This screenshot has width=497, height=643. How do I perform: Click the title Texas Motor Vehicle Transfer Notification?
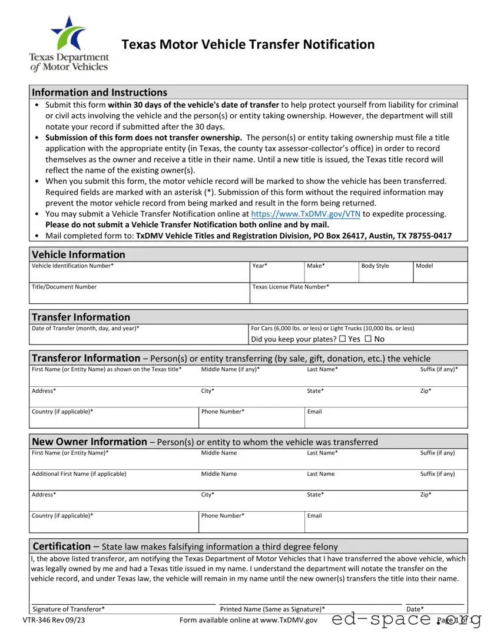click(248, 45)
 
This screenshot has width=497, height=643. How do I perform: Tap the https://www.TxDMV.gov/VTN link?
click(306, 214)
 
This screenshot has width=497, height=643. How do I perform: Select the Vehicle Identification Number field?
click(139, 276)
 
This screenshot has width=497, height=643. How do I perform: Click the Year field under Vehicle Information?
click(276, 276)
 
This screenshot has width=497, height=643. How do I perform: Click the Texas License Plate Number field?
click(358, 296)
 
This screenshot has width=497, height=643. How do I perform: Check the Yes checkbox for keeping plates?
click(343, 339)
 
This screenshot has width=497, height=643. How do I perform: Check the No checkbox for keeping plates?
click(368, 339)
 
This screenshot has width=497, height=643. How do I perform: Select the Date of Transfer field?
click(139, 337)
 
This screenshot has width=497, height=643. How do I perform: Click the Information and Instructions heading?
click(100, 92)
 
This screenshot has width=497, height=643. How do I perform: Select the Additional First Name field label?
click(79, 474)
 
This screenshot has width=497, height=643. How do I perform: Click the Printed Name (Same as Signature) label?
click(272, 609)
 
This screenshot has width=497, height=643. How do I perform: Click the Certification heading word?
click(62, 546)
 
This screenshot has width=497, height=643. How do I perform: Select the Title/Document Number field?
click(139, 296)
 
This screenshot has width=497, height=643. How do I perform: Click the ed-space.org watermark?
click(406, 619)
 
